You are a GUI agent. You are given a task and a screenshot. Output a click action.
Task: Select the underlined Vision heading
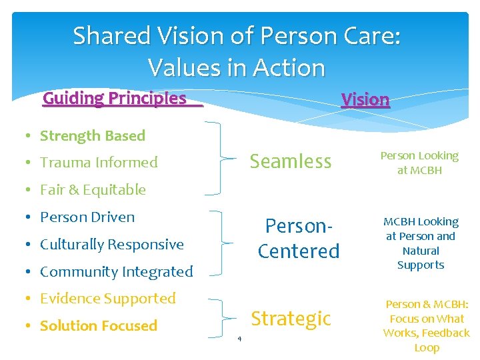click(x=365, y=100)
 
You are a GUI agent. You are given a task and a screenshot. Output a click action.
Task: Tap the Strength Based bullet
click(x=92, y=136)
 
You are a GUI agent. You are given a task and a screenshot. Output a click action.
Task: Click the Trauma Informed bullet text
click(x=99, y=163)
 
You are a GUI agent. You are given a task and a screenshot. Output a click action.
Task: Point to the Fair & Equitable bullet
click(x=93, y=190)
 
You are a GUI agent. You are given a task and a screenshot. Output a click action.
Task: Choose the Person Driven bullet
click(x=87, y=217)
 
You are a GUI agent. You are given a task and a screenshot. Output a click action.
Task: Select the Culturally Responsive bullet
click(x=111, y=245)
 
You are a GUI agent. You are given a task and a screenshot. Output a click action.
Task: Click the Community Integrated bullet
click(x=116, y=272)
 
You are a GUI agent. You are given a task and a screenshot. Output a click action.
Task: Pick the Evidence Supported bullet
click(x=107, y=299)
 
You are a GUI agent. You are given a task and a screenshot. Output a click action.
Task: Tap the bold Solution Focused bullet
click(x=98, y=326)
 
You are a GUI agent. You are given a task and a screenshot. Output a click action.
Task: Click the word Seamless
click(x=290, y=161)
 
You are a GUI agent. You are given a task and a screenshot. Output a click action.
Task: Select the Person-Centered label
click(x=299, y=238)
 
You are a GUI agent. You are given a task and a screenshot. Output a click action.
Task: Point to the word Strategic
click(x=291, y=319)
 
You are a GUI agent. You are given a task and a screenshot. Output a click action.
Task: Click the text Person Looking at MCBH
click(x=419, y=163)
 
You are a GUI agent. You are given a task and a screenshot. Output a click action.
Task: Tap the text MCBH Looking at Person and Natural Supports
click(x=420, y=243)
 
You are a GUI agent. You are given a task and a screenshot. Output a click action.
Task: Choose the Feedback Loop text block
click(x=427, y=326)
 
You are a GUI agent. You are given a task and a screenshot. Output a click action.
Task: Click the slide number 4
click(x=239, y=339)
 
